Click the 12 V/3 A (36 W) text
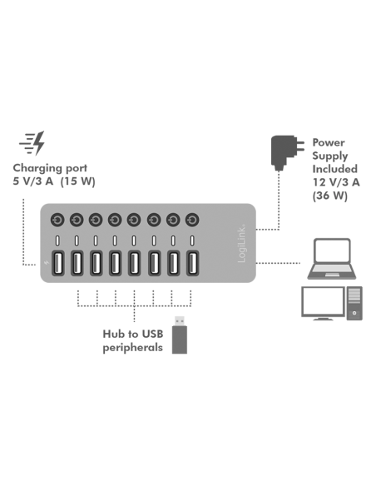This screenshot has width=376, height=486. tap(334, 187)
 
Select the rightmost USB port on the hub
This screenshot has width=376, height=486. tap(193, 264)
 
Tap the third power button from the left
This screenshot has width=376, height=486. tap(96, 220)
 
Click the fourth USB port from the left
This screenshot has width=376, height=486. tap(115, 264)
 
